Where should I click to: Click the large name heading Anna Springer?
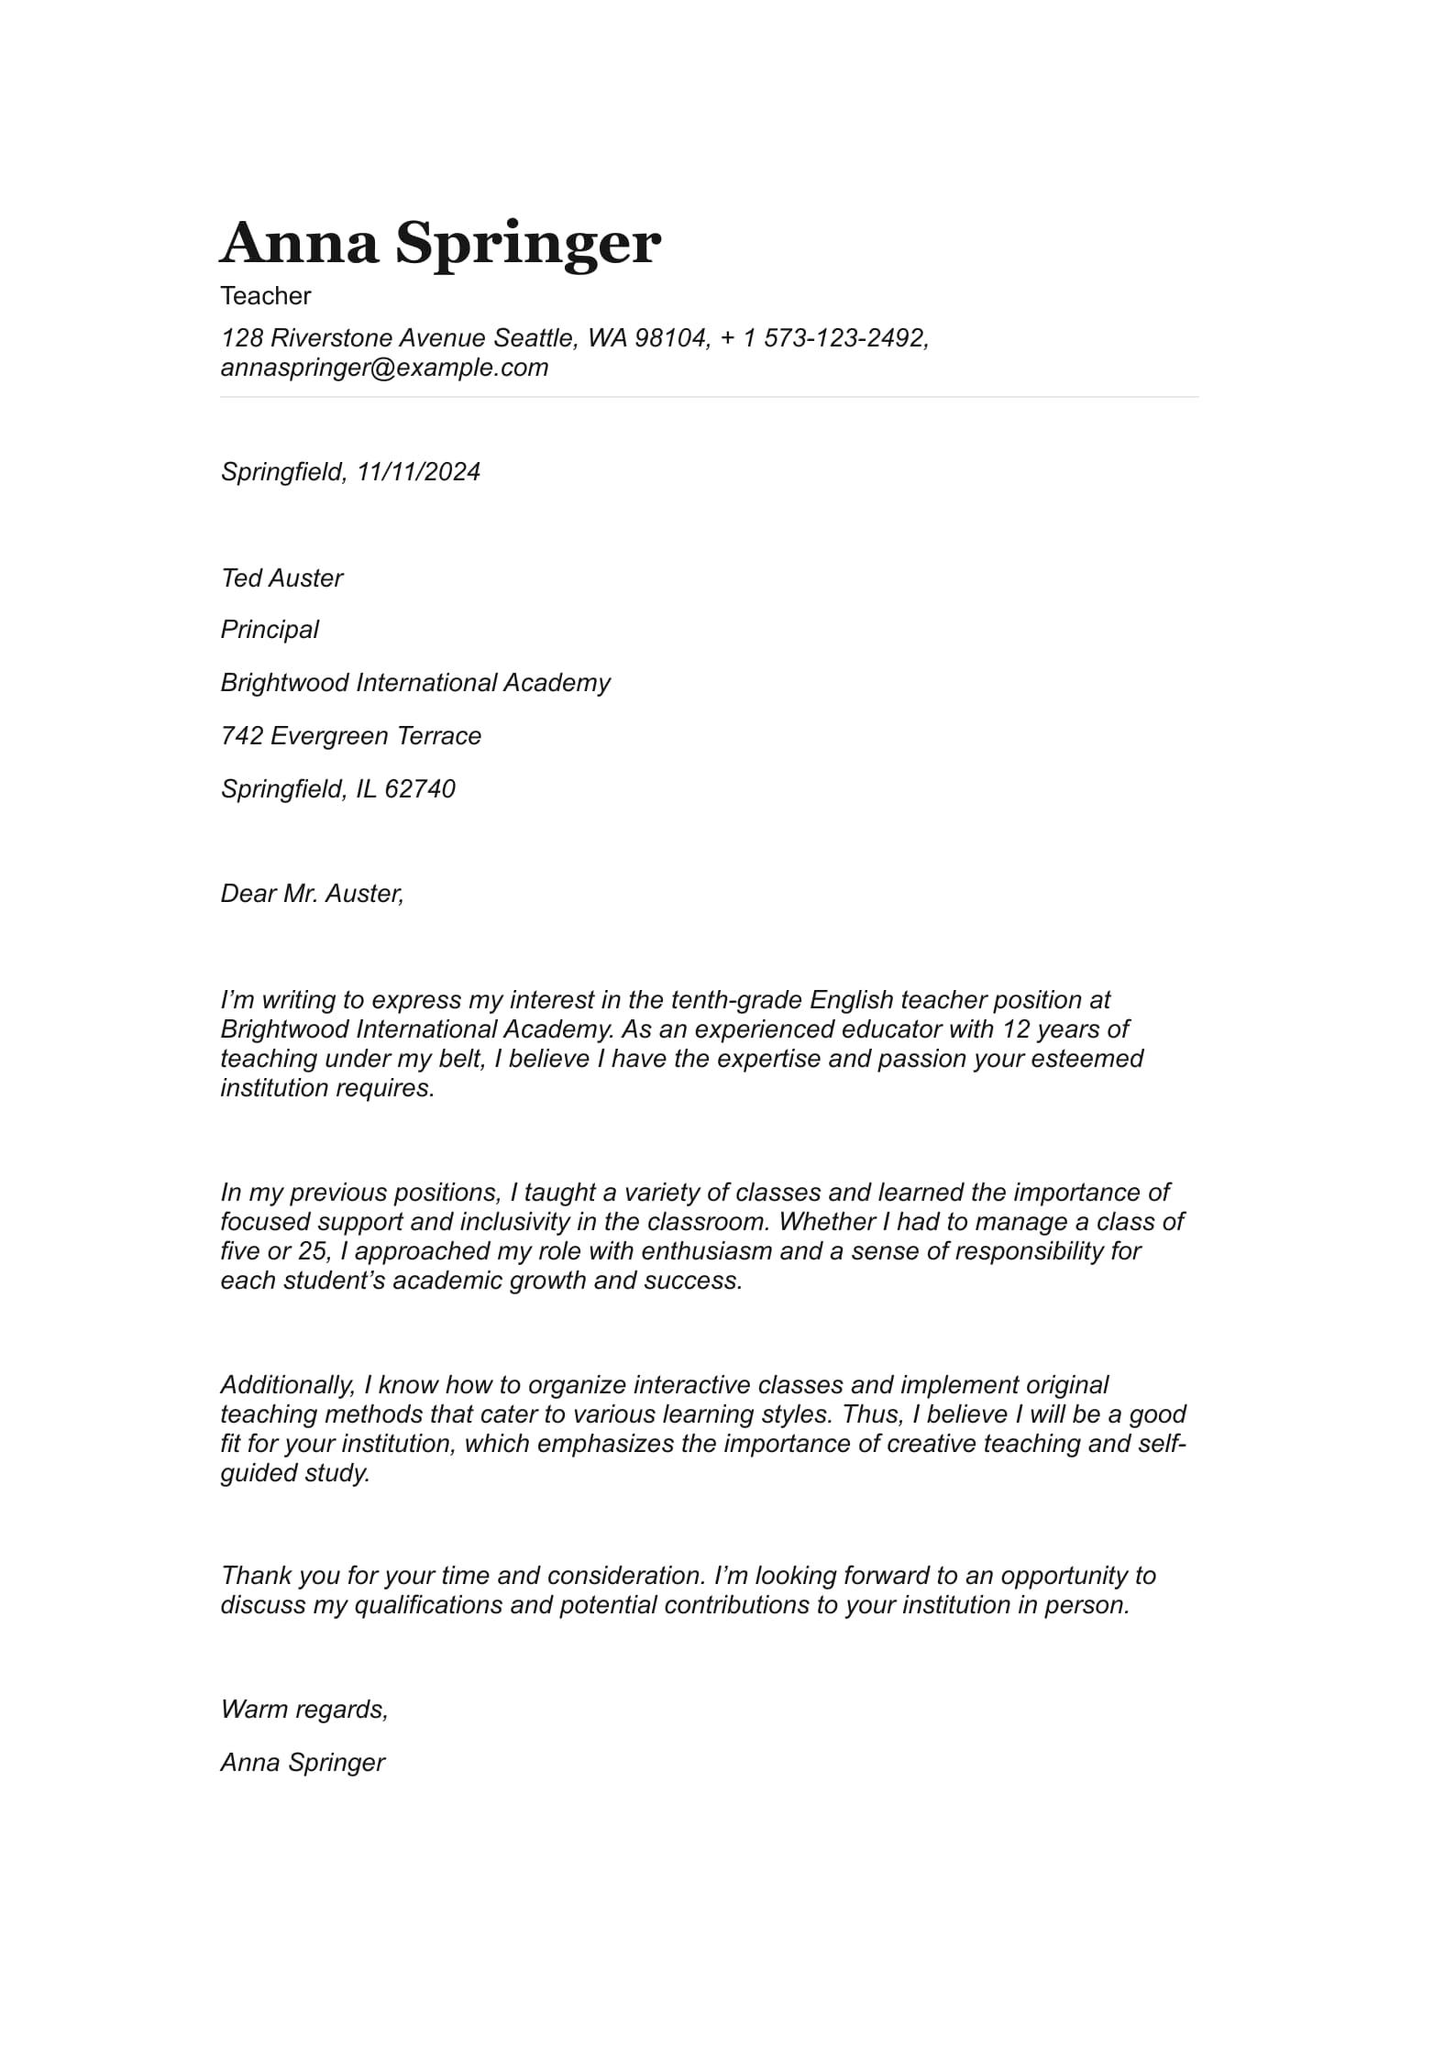click(x=440, y=243)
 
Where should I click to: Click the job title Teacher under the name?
click(x=265, y=296)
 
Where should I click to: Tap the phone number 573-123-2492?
click(x=844, y=338)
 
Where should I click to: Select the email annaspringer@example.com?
click(x=384, y=368)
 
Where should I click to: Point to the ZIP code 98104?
click(x=672, y=338)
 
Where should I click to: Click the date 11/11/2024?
click(x=418, y=472)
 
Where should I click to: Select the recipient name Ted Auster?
click(x=281, y=578)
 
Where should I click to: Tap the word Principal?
click(x=270, y=630)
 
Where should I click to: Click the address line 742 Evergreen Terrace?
click(x=350, y=736)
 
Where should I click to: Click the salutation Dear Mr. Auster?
click(x=312, y=894)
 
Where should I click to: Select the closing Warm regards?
click(x=304, y=1710)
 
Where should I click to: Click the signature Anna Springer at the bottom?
click(x=303, y=1763)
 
